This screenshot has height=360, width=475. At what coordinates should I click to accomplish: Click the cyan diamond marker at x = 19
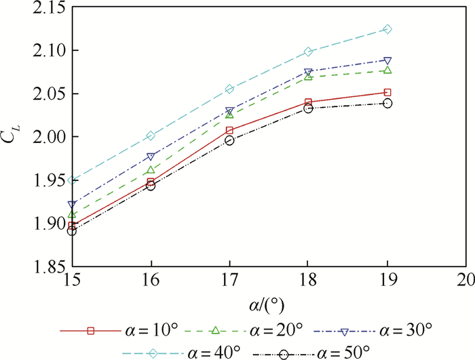(x=387, y=29)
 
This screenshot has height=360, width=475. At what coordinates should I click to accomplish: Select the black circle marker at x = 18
(x=308, y=108)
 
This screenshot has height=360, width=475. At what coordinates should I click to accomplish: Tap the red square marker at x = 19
(x=387, y=92)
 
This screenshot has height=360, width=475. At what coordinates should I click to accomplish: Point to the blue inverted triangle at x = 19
(x=387, y=61)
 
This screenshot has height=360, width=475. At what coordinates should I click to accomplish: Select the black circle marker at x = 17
(x=229, y=140)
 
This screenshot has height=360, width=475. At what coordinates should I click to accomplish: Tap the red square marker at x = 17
(x=229, y=130)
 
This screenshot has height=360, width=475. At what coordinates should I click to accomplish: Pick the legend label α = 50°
(x=343, y=352)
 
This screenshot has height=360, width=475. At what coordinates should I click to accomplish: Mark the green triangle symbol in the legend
(x=216, y=331)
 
